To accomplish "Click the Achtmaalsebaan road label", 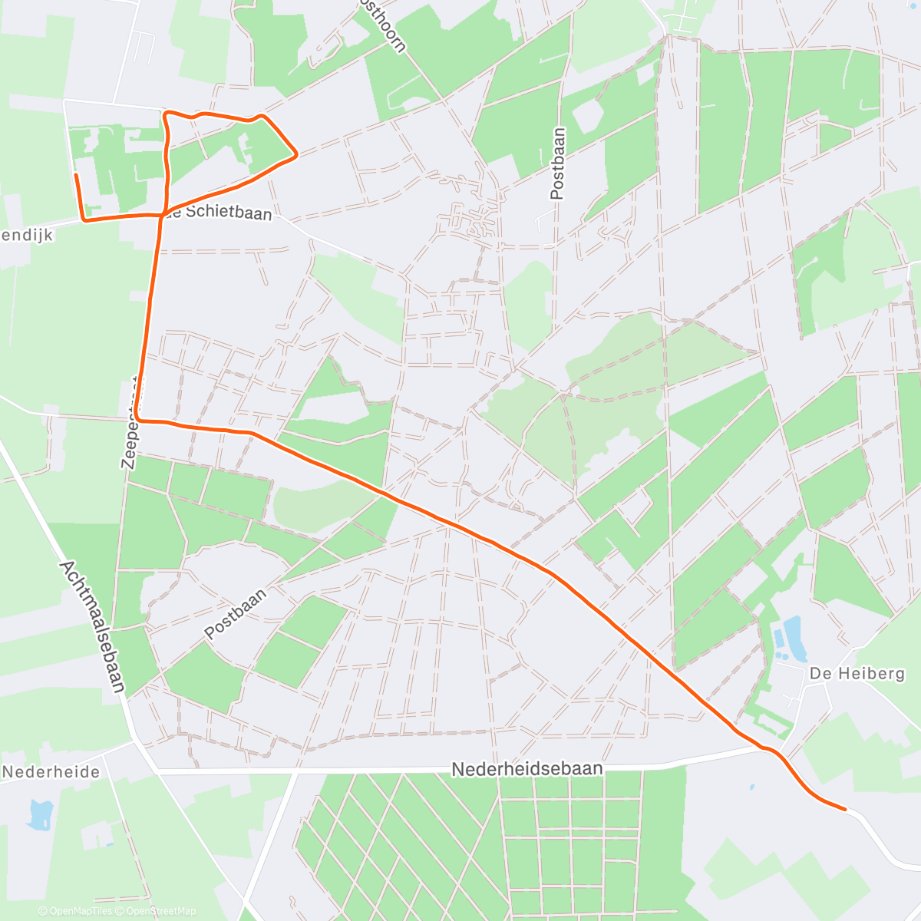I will click(91, 626).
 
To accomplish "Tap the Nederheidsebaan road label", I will click(527, 768).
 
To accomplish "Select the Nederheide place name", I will click(51, 771).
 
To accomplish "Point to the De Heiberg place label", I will click(857, 673).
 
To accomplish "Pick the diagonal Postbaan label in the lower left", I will click(236, 614).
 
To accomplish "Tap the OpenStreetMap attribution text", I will click(160, 911).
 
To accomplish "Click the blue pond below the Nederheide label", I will click(39, 815).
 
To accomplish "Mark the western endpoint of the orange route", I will click(75, 176).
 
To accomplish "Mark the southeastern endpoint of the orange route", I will click(845, 809).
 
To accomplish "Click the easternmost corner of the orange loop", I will click(296, 154).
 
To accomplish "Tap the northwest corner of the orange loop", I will click(166, 115).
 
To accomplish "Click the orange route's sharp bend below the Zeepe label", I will click(140, 420).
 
